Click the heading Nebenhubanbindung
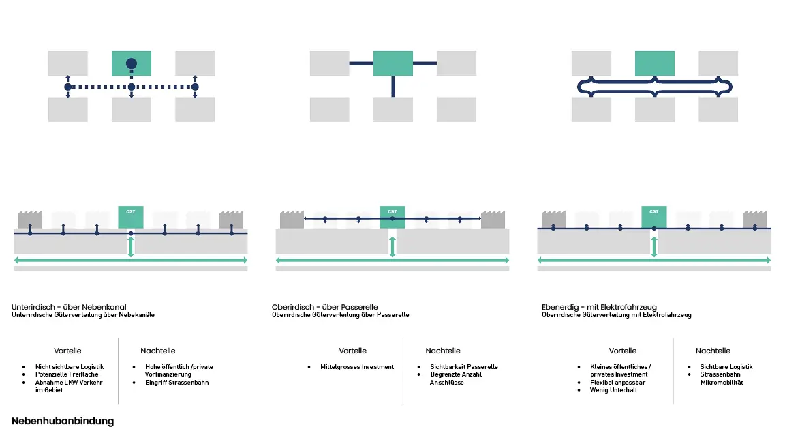pyautogui.click(x=63, y=422)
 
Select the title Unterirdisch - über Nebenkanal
pyautogui.click(x=69, y=307)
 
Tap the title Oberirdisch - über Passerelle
pyautogui.click(x=324, y=307)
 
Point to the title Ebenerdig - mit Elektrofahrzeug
pyautogui.click(x=599, y=307)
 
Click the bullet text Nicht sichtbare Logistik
pyautogui.click(x=70, y=367)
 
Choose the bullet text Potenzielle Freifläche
pyautogui.click(x=67, y=374)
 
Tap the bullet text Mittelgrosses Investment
pyautogui.click(x=357, y=367)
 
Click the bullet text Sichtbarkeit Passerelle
pyautogui.click(x=464, y=367)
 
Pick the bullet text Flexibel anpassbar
pyautogui.click(x=617, y=383)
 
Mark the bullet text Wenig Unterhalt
pyautogui.click(x=613, y=390)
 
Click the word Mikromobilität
pyautogui.click(x=722, y=383)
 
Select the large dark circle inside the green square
pyautogui.click(x=132, y=64)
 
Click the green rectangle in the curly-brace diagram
pyautogui.click(x=654, y=63)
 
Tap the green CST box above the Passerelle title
pyautogui.click(x=392, y=217)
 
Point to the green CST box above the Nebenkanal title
pyautogui.click(x=131, y=217)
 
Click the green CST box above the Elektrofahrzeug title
pyautogui.click(x=654, y=217)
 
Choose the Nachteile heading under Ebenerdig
pyautogui.click(x=713, y=351)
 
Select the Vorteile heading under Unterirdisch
pyautogui.click(x=67, y=351)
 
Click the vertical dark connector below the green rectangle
pyautogui.click(x=393, y=86)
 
